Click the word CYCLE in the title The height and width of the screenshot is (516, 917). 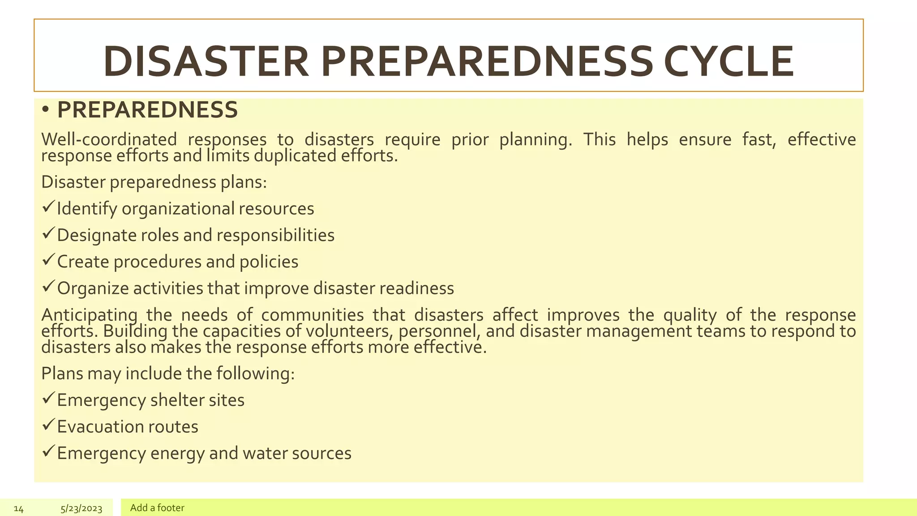[728, 61]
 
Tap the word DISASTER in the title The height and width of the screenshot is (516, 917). [206, 61]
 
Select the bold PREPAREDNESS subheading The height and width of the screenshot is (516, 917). [147, 110]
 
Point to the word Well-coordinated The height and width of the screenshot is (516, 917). [109, 140]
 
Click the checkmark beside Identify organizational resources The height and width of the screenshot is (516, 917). [48, 207]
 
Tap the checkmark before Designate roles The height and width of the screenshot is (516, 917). [48, 233]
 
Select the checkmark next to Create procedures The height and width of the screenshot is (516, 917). [48, 260]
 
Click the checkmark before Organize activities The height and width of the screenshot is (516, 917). [48, 286]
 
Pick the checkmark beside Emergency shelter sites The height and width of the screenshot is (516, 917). [48, 398]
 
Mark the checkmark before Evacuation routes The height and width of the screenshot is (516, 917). [48, 425]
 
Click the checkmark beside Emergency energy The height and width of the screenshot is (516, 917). [48, 451]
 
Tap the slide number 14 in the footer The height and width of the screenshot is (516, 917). [18, 508]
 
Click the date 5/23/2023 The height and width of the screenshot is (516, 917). [81, 508]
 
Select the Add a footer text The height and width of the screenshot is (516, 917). [157, 508]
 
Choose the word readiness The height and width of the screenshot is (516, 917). [417, 288]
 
